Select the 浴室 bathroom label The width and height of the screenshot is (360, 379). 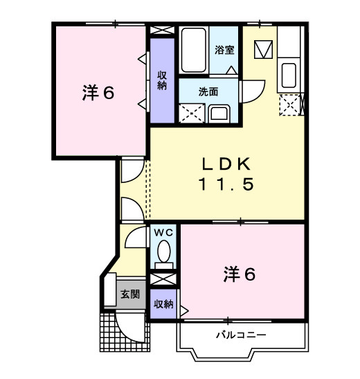click(224, 50)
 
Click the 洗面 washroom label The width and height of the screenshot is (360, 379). click(208, 91)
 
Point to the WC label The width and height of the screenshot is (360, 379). click(163, 232)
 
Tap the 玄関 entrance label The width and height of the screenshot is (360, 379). click(130, 294)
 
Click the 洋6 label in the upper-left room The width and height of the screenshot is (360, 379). click(98, 93)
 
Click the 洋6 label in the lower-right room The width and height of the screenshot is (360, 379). click(240, 274)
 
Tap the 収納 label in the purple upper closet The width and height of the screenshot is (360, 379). click(162, 80)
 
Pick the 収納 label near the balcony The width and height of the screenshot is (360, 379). click(163, 303)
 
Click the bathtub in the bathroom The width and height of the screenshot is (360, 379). click(194, 50)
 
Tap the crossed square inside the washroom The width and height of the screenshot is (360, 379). click(191, 113)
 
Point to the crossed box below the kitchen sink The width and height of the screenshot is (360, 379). click(289, 105)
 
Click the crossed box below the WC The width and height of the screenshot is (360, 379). click(164, 279)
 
